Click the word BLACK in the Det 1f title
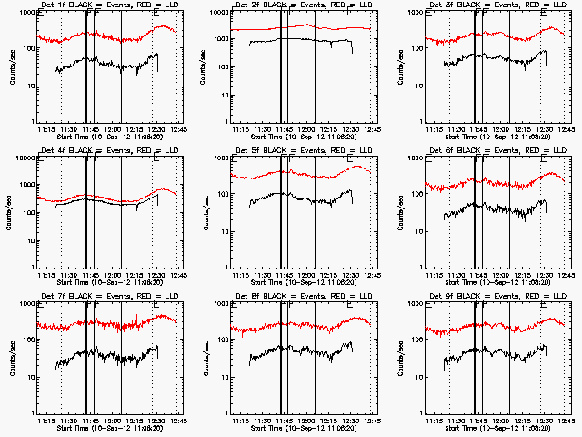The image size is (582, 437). [79, 7]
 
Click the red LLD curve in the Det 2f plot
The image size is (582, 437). [273, 28]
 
